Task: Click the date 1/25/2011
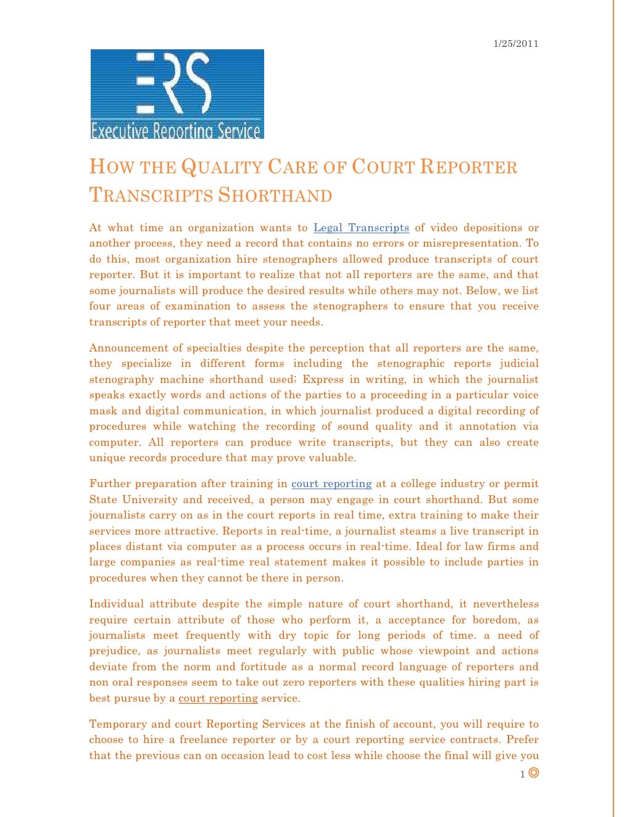point(515,44)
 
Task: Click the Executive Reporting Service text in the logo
point(176,131)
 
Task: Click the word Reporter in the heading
point(468,167)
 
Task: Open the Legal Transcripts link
point(361,228)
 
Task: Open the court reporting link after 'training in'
point(331,484)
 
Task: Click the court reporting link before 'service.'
point(218,699)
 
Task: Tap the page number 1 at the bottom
point(522,774)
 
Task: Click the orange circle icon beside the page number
point(534,773)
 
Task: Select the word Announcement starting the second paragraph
point(128,348)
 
